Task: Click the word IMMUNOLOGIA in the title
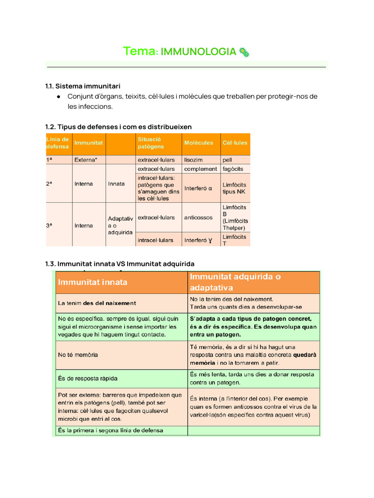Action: [x=198, y=52]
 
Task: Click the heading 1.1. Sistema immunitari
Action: [x=83, y=86]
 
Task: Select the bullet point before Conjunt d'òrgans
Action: [x=58, y=96]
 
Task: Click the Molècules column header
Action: [x=199, y=143]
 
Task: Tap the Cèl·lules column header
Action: [x=235, y=143]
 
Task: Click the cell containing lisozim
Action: [x=194, y=160]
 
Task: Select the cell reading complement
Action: [x=201, y=169]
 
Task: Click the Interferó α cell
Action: [x=198, y=188]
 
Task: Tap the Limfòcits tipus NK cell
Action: [x=235, y=188]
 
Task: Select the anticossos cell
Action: [x=198, y=217]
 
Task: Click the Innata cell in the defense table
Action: [x=116, y=184]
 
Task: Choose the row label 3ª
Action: [x=50, y=226]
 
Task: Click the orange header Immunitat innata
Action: [x=93, y=282]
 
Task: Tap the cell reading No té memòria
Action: [x=78, y=355]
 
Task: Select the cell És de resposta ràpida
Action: [x=88, y=378]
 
